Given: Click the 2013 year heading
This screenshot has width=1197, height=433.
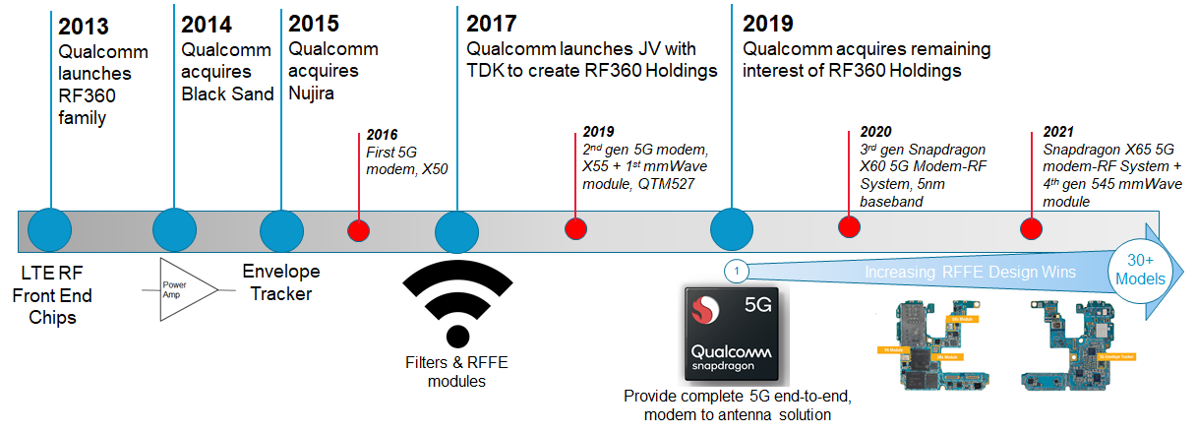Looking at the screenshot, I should [84, 27].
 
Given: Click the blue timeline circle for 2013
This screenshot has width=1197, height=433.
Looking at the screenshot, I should [50, 229].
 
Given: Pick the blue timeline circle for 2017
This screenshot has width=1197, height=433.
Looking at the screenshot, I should [456, 231].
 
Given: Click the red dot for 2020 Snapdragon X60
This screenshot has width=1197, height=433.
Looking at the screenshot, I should [848, 226].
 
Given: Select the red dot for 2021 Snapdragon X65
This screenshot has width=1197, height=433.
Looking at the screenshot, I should [1031, 228].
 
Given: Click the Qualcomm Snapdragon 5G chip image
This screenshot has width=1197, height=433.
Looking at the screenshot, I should [732, 336].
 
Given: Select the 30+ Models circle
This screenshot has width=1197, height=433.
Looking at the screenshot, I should [1138, 269].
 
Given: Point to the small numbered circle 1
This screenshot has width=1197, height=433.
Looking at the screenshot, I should [738, 269].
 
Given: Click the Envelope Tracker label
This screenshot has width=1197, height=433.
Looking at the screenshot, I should [281, 283].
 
